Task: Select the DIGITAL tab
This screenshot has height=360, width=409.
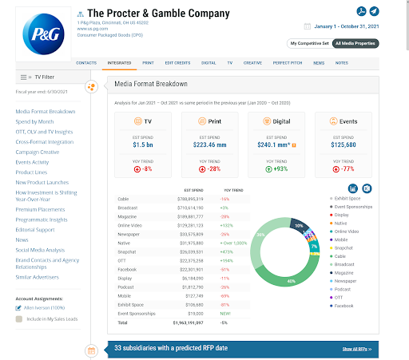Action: point(208,61)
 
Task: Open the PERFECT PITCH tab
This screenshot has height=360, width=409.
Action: point(286,61)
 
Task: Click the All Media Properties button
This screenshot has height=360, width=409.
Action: point(356,42)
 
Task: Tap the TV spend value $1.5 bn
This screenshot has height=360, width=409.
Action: point(143,145)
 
